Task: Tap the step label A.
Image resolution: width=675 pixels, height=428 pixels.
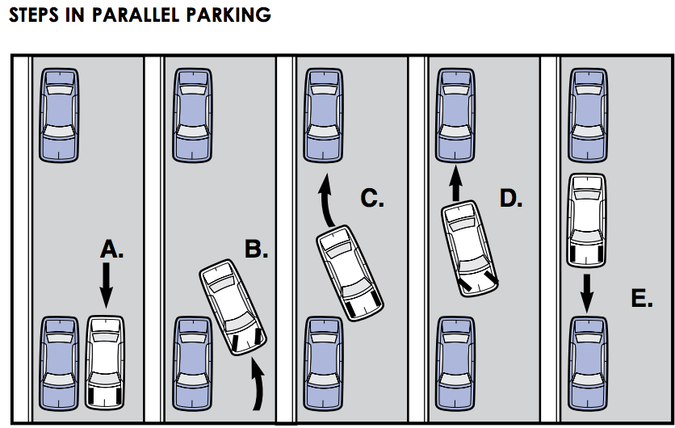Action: pyautogui.click(x=112, y=250)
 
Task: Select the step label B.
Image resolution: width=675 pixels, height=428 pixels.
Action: pyautogui.click(x=256, y=250)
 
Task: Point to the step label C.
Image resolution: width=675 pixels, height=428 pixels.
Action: pyautogui.click(x=372, y=197)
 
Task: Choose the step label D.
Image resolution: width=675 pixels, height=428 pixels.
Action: pyautogui.click(x=510, y=197)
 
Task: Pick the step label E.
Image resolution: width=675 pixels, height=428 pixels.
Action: pyautogui.click(x=642, y=299)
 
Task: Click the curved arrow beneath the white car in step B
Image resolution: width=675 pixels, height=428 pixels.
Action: pyautogui.click(x=258, y=385)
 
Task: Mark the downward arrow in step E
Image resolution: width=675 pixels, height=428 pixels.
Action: pyautogui.click(x=587, y=291)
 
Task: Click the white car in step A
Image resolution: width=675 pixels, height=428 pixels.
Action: pyautogui.click(x=107, y=360)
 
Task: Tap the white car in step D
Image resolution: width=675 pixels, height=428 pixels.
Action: pyautogui.click(x=470, y=249)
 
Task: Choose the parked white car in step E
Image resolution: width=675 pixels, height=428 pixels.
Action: pyautogui.click(x=587, y=219)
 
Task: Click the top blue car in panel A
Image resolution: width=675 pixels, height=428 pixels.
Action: pyautogui.click(x=61, y=114)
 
